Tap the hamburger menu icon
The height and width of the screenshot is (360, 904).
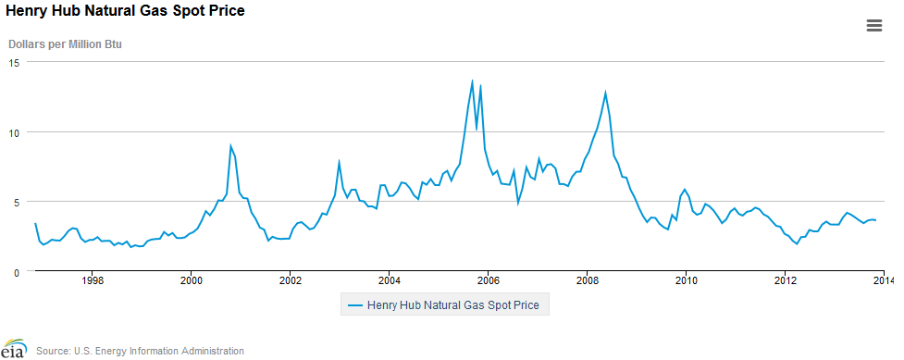[x=873, y=26]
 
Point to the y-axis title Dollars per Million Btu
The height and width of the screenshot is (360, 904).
[x=66, y=43]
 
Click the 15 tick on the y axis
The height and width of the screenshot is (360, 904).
[x=15, y=62]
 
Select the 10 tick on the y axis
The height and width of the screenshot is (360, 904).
[x=15, y=132]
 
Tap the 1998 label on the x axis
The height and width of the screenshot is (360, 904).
[x=92, y=279]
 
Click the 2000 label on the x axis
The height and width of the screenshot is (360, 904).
[x=191, y=279]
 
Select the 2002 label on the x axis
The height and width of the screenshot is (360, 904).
[x=291, y=279]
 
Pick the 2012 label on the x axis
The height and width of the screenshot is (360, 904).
[x=786, y=279]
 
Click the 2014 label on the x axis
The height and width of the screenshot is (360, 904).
[x=883, y=279]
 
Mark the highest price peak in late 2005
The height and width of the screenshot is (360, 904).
[x=472, y=81]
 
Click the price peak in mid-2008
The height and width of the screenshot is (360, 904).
[x=605, y=92]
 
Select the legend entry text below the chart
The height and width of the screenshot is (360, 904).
[x=453, y=304]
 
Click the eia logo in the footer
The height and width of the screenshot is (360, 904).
[x=13, y=350]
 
